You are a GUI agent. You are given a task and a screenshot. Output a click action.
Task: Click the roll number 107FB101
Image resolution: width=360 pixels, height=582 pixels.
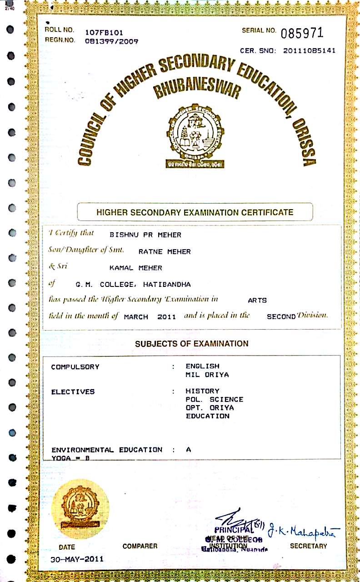(104, 33)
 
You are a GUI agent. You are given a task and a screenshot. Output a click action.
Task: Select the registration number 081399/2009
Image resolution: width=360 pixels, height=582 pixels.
(111, 41)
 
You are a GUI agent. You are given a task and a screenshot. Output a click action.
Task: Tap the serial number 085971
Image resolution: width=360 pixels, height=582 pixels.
(302, 33)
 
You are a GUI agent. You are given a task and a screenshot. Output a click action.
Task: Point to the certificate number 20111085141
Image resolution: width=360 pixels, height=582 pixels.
(309, 51)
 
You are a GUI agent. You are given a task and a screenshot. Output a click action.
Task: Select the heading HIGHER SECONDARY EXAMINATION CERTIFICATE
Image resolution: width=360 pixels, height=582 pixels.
(195, 212)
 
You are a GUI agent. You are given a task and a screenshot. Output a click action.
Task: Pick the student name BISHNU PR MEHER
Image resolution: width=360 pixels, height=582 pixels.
(145, 235)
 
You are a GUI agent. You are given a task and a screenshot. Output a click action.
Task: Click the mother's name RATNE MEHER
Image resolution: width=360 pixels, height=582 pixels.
(165, 251)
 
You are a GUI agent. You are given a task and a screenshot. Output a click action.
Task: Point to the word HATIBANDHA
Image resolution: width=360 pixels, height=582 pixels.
(167, 285)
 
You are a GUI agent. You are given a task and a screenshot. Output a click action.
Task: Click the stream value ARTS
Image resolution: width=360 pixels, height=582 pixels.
(257, 301)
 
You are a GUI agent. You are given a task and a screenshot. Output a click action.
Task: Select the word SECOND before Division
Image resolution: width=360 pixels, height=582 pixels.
(281, 317)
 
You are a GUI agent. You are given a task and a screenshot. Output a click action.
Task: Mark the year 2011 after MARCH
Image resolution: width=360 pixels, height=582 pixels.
(166, 317)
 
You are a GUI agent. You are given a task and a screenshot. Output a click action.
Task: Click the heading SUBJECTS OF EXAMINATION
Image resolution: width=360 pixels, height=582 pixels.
(191, 344)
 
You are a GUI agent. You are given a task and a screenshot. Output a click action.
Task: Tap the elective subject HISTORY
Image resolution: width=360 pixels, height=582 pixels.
(202, 391)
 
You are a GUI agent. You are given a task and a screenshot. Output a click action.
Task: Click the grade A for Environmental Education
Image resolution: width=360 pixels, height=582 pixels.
(189, 450)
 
